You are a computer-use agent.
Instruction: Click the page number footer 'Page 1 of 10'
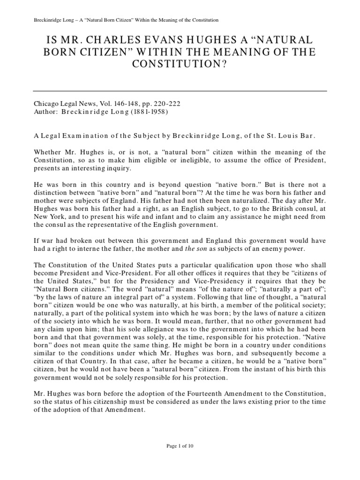click(x=180, y=446)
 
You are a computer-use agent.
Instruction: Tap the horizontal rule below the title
click(x=180, y=90)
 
